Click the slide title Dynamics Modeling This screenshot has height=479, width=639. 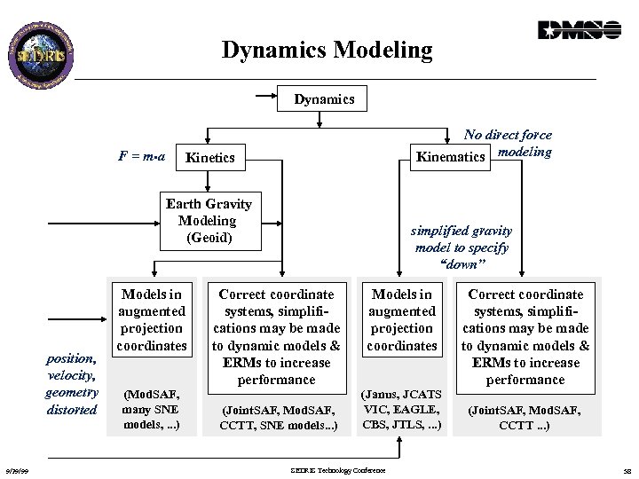click(x=327, y=51)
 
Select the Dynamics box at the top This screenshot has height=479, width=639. click(x=324, y=99)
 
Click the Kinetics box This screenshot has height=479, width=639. click(x=210, y=158)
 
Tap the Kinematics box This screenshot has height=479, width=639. click(x=451, y=157)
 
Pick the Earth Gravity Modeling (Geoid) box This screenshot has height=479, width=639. click(x=208, y=220)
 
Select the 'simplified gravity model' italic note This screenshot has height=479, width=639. click(x=461, y=247)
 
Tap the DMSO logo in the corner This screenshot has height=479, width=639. click(x=579, y=30)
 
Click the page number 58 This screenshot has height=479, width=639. click(x=625, y=470)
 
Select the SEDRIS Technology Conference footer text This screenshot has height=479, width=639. click(x=338, y=470)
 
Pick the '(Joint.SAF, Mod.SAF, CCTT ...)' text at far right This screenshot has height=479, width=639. click(x=525, y=418)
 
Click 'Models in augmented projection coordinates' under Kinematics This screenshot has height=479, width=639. click(x=402, y=319)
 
